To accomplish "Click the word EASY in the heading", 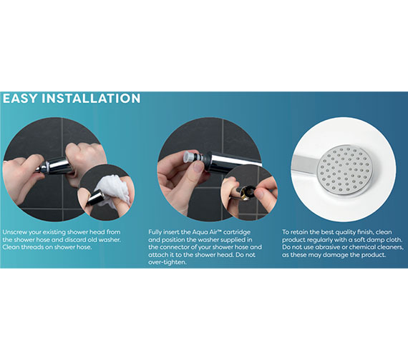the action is (x=20, y=99).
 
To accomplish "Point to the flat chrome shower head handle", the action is (x=305, y=165).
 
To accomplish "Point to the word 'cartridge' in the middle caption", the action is (x=237, y=232).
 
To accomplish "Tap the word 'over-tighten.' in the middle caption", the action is (x=167, y=262).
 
